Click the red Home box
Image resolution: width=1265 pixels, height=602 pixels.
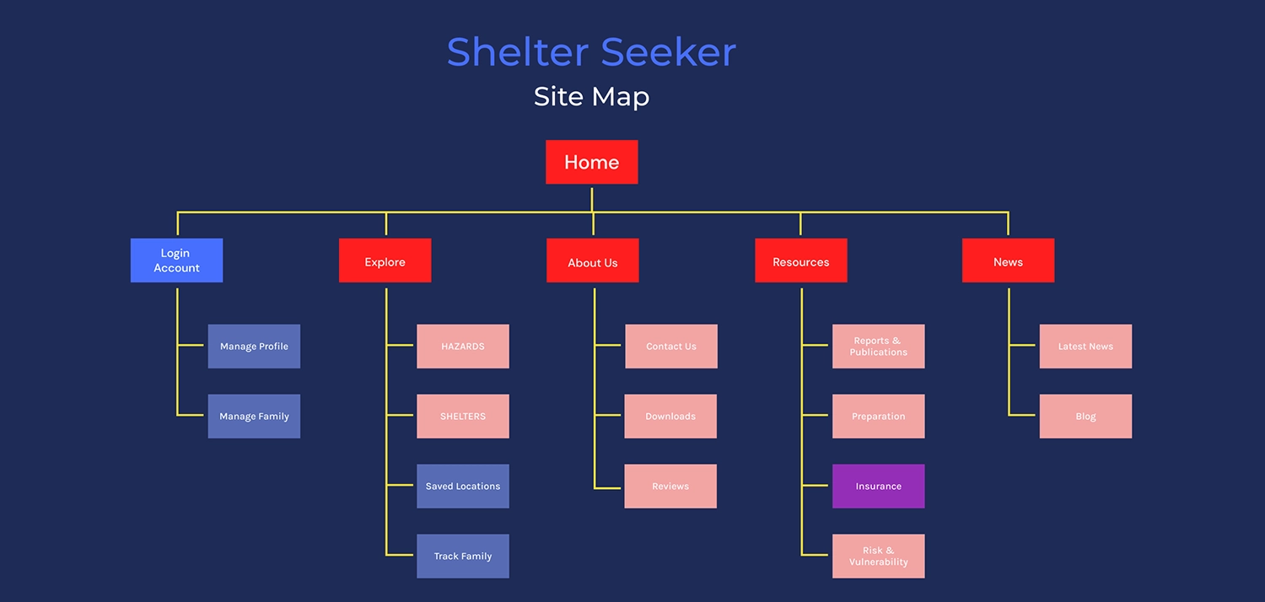pos(591,162)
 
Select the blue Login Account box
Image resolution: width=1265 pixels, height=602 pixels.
pos(176,261)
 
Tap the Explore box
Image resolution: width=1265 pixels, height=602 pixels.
pos(385,261)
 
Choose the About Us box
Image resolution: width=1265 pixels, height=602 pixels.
pos(592,261)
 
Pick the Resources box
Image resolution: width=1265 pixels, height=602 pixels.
pos(800,261)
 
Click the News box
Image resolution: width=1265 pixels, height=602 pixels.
pos(1008,261)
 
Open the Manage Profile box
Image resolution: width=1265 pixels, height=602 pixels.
pos(254,347)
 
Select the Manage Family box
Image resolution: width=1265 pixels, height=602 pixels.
pos(254,417)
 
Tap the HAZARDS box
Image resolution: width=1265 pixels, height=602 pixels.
pos(462,347)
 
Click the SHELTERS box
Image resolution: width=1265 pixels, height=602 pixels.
pos(462,417)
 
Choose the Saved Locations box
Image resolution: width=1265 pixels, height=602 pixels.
pos(462,486)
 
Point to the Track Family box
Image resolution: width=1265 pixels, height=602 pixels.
pos(462,556)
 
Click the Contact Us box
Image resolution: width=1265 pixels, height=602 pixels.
pos(670,347)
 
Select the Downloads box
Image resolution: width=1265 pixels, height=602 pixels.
pos(670,417)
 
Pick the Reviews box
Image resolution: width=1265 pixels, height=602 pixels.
pos(670,486)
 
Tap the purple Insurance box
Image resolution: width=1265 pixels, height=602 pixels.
pos(878,486)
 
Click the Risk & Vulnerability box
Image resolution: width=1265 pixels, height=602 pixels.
pos(878,556)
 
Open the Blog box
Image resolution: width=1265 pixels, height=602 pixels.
pos(1085,417)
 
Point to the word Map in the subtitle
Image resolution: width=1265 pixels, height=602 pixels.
pos(620,97)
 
